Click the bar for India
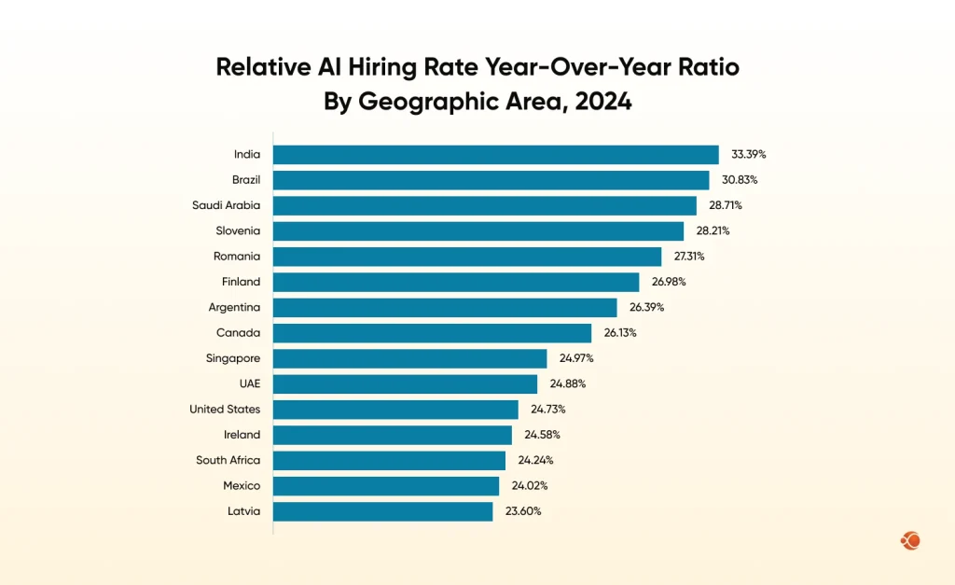(495, 155)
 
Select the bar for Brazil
(491, 180)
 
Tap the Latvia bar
(382, 511)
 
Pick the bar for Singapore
(409, 358)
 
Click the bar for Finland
(456, 282)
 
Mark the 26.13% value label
(618, 333)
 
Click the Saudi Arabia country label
(226, 205)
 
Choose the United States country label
(225, 410)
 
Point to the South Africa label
(228, 460)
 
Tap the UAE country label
(249, 383)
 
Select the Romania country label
(237, 257)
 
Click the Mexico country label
(241, 486)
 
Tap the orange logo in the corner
(910, 540)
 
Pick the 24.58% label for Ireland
(543, 435)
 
